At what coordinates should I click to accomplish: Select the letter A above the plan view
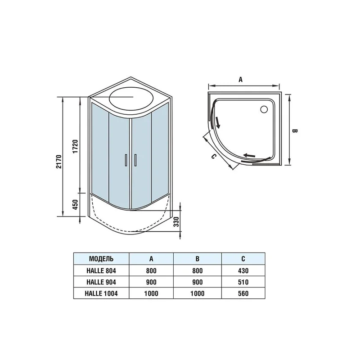240,80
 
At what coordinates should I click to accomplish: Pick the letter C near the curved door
214,156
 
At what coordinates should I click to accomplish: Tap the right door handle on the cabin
135,160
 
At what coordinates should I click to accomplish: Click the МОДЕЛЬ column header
101,259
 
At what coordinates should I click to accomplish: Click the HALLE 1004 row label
101,293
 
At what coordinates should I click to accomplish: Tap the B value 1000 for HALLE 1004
197,293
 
